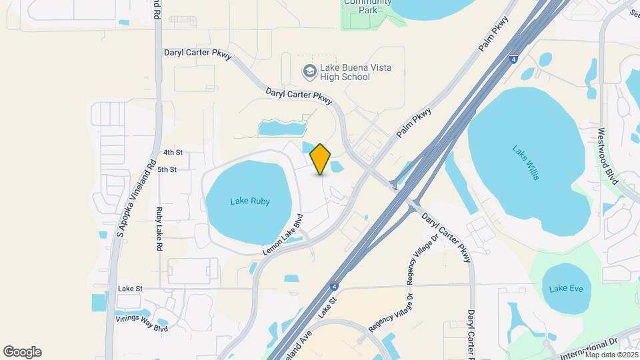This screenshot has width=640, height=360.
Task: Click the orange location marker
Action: (x=320, y=159)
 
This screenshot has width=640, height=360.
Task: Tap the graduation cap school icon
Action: (x=309, y=71)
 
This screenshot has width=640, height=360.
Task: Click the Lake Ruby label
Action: (x=250, y=201)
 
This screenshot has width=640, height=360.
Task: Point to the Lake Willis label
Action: (x=527, y=161)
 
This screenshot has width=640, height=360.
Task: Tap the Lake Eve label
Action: (x=562, y=289)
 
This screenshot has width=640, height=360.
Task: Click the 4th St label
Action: (x=173, y=153)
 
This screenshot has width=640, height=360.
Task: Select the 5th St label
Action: (x=167, y=170)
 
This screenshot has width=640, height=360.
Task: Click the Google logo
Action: (x=22, y=352)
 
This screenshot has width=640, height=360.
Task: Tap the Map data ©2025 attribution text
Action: (x=611, y=354)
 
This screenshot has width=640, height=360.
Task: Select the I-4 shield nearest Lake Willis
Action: (x=513, y=59)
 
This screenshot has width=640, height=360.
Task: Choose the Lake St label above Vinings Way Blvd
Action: (x=130, y=289)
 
